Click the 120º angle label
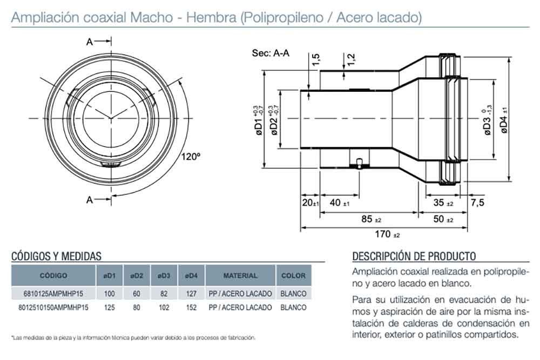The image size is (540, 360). tap(191, 157)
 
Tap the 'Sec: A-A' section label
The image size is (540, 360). tap(271, 53)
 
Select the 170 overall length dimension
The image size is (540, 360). tap(387, 234)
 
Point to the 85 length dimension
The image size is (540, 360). tap(371, 219)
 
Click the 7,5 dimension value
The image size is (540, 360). tap(477, 202)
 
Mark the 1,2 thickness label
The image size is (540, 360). tap(350, 59)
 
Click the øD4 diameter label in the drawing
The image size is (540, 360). tap(504, 120)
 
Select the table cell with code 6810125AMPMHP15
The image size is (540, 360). tap(53, 294)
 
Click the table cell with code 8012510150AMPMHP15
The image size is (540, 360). tap(53, 307)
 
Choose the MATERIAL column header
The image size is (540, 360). tap(240, 275)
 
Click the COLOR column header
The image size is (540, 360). tap(293, 275)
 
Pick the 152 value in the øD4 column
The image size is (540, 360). tap(191, 307)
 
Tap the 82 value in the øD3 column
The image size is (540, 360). tap(164, 294)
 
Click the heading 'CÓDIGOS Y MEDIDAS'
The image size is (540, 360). tap(57, 256)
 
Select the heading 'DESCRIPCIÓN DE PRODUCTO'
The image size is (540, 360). tap(414, 256)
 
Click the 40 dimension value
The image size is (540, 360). tap(340, 203)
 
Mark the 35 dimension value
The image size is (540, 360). tap(443, 203)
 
